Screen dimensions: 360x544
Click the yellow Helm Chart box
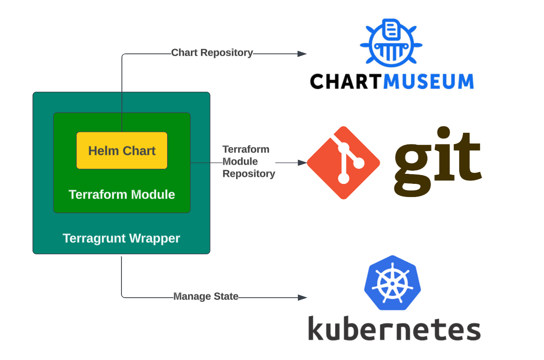pos(121,151)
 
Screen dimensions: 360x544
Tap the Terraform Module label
pos(121,194)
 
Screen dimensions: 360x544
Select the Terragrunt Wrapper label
pos(121,238)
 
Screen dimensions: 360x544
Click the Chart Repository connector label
pos(212,53)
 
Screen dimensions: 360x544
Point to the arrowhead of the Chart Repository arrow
pos(302,54)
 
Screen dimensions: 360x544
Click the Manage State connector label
pos(205,296)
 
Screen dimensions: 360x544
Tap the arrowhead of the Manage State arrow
pos(302,297)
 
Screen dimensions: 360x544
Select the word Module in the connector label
pos(240,161)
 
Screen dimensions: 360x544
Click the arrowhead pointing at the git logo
pos(302,163)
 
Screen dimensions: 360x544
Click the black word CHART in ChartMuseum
pos(345,82)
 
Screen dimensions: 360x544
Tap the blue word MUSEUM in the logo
pos(428,82)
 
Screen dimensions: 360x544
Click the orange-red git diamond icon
pos(343,163)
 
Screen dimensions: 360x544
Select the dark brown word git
pos(437,163)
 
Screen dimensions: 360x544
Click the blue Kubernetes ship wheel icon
pos(392,283)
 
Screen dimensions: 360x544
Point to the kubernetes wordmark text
pos(394,329)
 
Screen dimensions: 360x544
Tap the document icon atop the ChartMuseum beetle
pos(392,29)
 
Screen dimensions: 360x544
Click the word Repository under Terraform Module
pos(248,174)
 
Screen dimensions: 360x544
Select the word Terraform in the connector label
pos(246,149)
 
